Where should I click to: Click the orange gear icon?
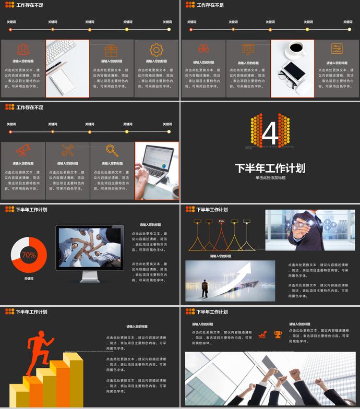(156, 50)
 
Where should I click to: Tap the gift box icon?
(111, 50)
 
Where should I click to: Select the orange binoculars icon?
(203, 49)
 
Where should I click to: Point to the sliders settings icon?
(337, 49)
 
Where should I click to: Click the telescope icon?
(22, 150)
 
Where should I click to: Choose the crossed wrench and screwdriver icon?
(67, 150)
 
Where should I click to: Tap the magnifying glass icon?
(112, 150)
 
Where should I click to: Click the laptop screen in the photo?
(159, 159)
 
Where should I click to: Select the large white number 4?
(270, 133)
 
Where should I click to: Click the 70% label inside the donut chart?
(29, 255)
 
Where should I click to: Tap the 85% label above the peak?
(221, 221)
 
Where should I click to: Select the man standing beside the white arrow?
(205, 288)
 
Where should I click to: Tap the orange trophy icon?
(278, 334)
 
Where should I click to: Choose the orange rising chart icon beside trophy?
(263, 334)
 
